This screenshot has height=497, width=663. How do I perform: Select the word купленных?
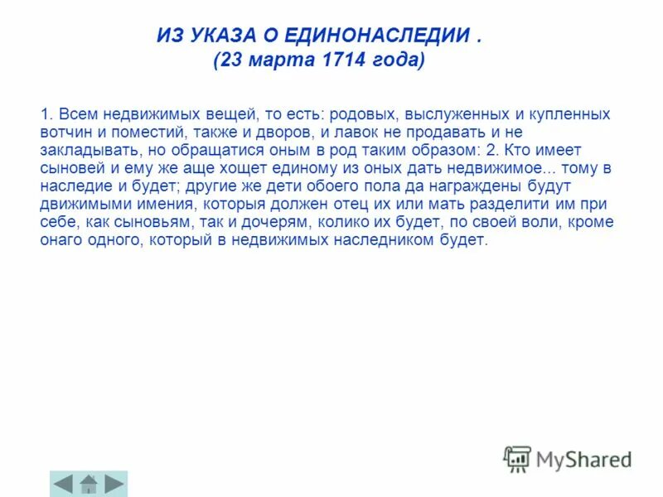point(563,113)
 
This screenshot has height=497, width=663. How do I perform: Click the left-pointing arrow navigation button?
point(64,483)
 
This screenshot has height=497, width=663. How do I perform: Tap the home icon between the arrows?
point(89,483)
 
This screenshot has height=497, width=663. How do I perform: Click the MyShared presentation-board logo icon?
point(517,459)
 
